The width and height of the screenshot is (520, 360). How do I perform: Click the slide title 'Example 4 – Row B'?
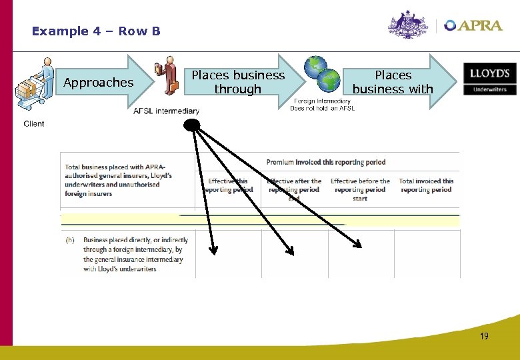(96, 31)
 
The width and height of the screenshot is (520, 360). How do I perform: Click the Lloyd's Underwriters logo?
(490, 79)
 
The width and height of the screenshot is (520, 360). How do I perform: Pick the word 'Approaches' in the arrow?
(98, 83)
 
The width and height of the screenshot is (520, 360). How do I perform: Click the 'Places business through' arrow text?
(238, 82)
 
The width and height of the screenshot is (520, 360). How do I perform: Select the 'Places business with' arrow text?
(393, 82)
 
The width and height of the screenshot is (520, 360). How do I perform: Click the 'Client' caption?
(34, 123)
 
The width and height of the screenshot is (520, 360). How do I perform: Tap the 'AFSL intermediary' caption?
(166, 111)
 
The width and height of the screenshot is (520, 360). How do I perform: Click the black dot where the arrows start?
(192, 125)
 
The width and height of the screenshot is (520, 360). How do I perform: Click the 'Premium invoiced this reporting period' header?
(325, 162)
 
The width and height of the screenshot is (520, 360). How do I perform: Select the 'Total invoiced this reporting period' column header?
(426, 185)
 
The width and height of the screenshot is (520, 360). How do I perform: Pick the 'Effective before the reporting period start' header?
(360, 189)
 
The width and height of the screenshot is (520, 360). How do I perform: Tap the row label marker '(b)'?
(70, 240)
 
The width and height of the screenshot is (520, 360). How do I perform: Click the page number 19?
(484, 336)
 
